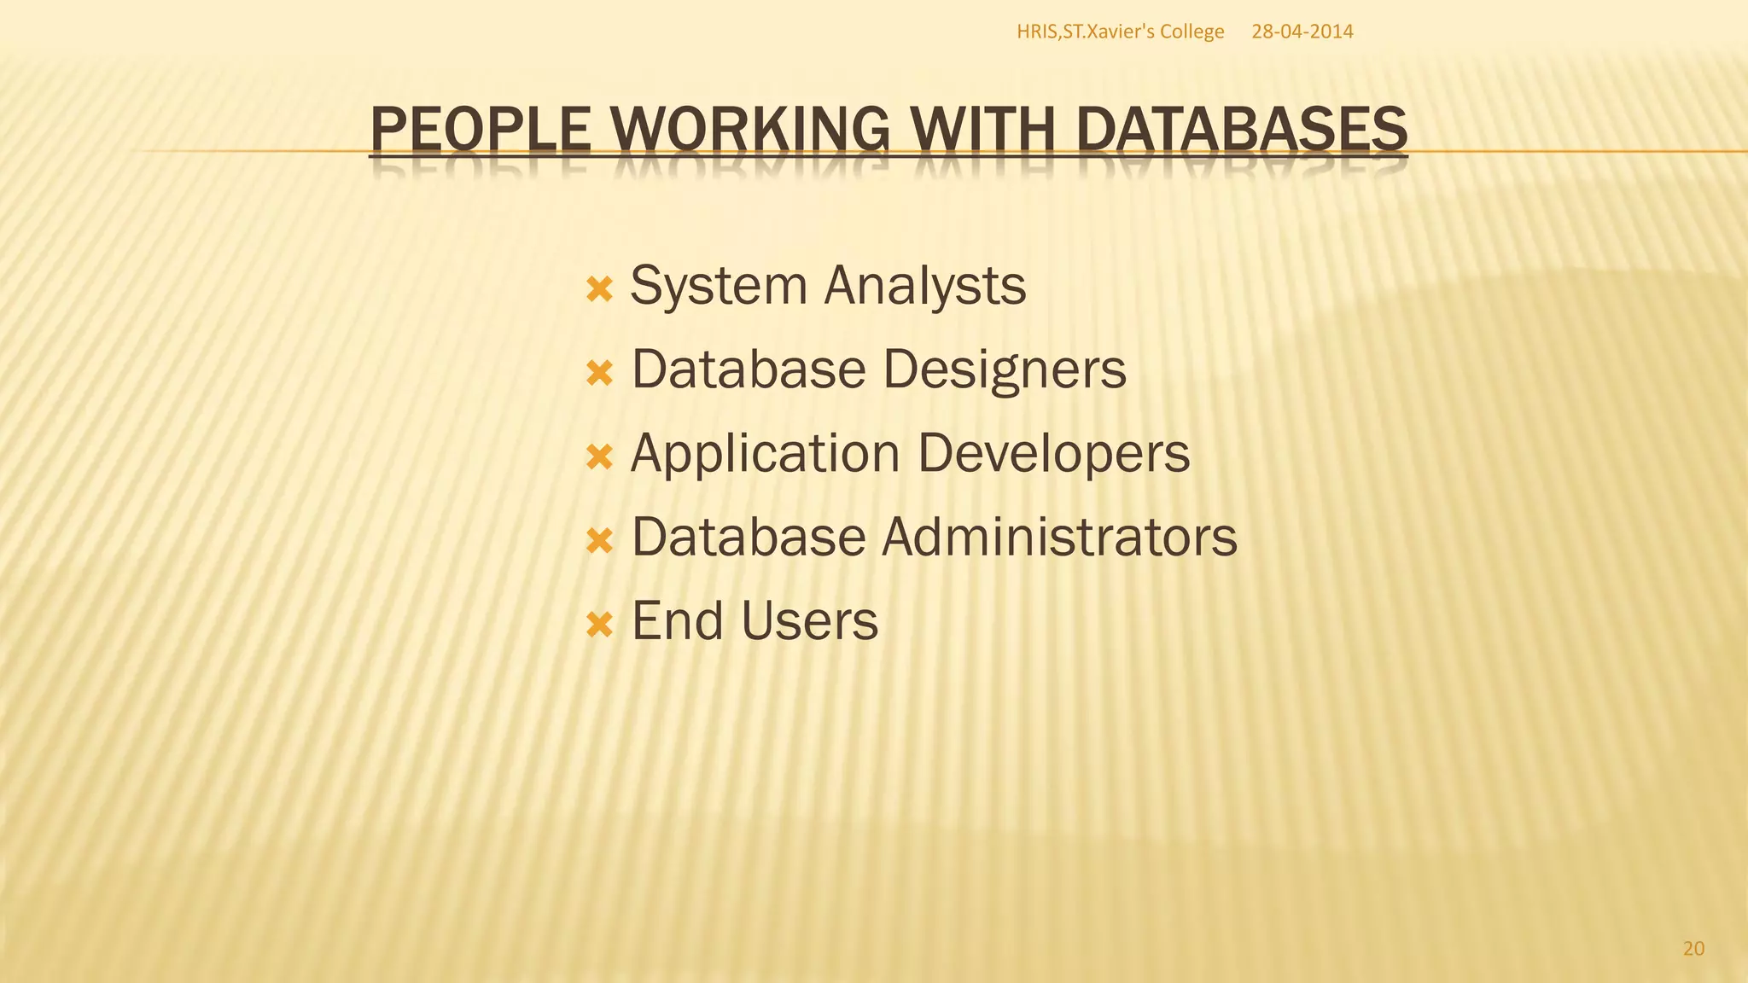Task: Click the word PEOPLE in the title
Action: tap(481, 130)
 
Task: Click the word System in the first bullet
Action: tap(718, 286)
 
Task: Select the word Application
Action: tap(765, 453)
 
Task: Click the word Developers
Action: tap(1053, 453)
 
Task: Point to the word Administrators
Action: tap(1059, 537)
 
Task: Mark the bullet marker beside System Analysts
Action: tap(600, 289)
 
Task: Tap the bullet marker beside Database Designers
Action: tap(600, 373)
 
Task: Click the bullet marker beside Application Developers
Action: tap(600, 457)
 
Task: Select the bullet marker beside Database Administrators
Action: tap(600, 540)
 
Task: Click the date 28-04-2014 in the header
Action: tap(1302, 32)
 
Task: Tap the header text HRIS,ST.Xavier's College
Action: tap(1120, 32)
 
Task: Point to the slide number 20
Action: tap(1693, 949)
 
